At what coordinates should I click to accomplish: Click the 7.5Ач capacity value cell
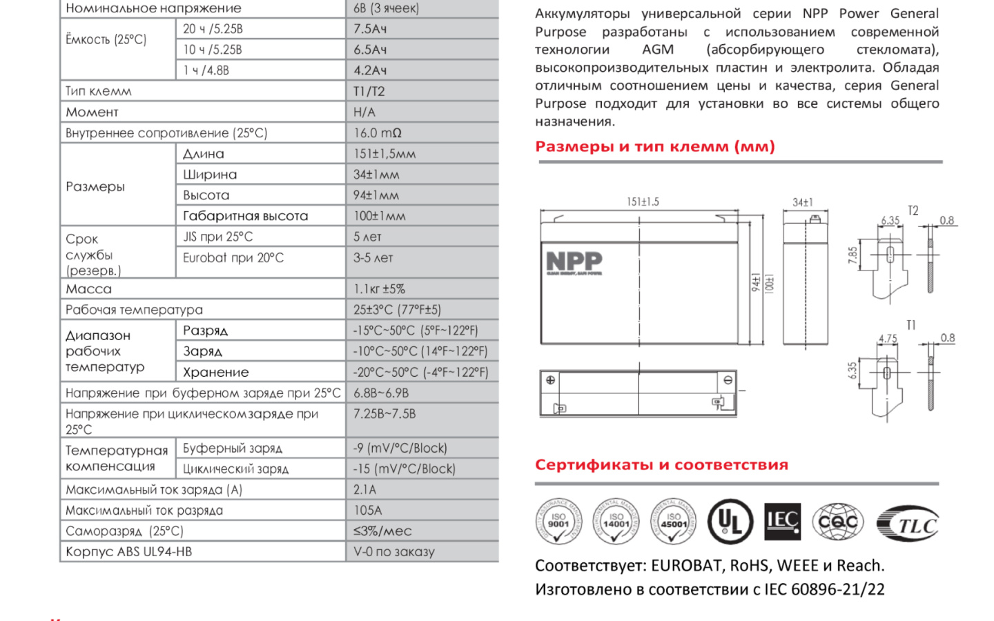click(371, 29)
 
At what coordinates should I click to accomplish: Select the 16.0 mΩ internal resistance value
click(378, 132)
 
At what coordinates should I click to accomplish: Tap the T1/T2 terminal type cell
click(369, 91)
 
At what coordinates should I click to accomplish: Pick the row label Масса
click(89, 289)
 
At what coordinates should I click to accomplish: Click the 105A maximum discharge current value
click(368, 511)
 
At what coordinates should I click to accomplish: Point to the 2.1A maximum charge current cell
click(365, 490)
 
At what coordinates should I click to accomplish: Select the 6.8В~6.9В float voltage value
click(381, 393)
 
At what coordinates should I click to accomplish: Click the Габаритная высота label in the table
click(245, 216)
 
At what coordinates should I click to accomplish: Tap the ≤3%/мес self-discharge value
click(382, 531)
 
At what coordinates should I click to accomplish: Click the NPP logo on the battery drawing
click(574, 262)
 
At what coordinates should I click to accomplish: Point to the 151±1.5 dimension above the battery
click(643, 201)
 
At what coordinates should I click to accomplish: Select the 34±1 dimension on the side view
click(803, 202)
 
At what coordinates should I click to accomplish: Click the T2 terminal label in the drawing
click(913, 210)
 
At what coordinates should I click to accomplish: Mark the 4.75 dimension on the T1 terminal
click(888, 339)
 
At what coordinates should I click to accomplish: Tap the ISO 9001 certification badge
click(558, 521)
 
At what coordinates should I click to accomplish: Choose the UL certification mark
click(730, 521)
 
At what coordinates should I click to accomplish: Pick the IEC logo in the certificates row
click(783, 521)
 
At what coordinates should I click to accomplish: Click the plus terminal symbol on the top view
click(550, 380)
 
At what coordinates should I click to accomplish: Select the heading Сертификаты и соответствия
click(661, 465)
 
